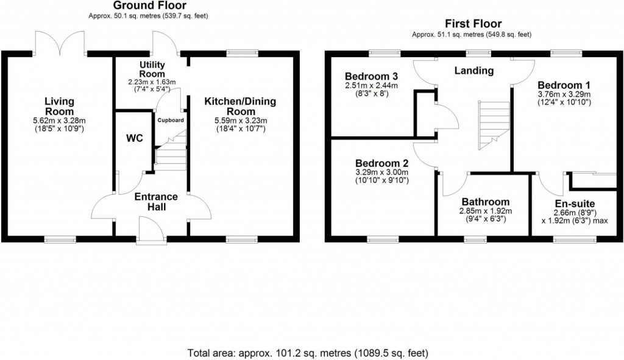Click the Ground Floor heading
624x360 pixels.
(x=141, y=5)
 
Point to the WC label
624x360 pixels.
(x=134, y=139)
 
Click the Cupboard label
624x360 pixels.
(x=171, y=121)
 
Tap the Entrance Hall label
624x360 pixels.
(x=156, y=202)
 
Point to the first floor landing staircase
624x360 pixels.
(x=494, y=125)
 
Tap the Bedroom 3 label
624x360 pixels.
(x=371, y=76)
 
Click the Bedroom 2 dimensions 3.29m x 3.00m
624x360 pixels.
(x=381, y=172)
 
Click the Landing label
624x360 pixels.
(x=474, y=71)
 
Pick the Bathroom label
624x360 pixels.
(x=485, y=202)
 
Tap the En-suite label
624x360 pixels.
(x=575, y=203)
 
